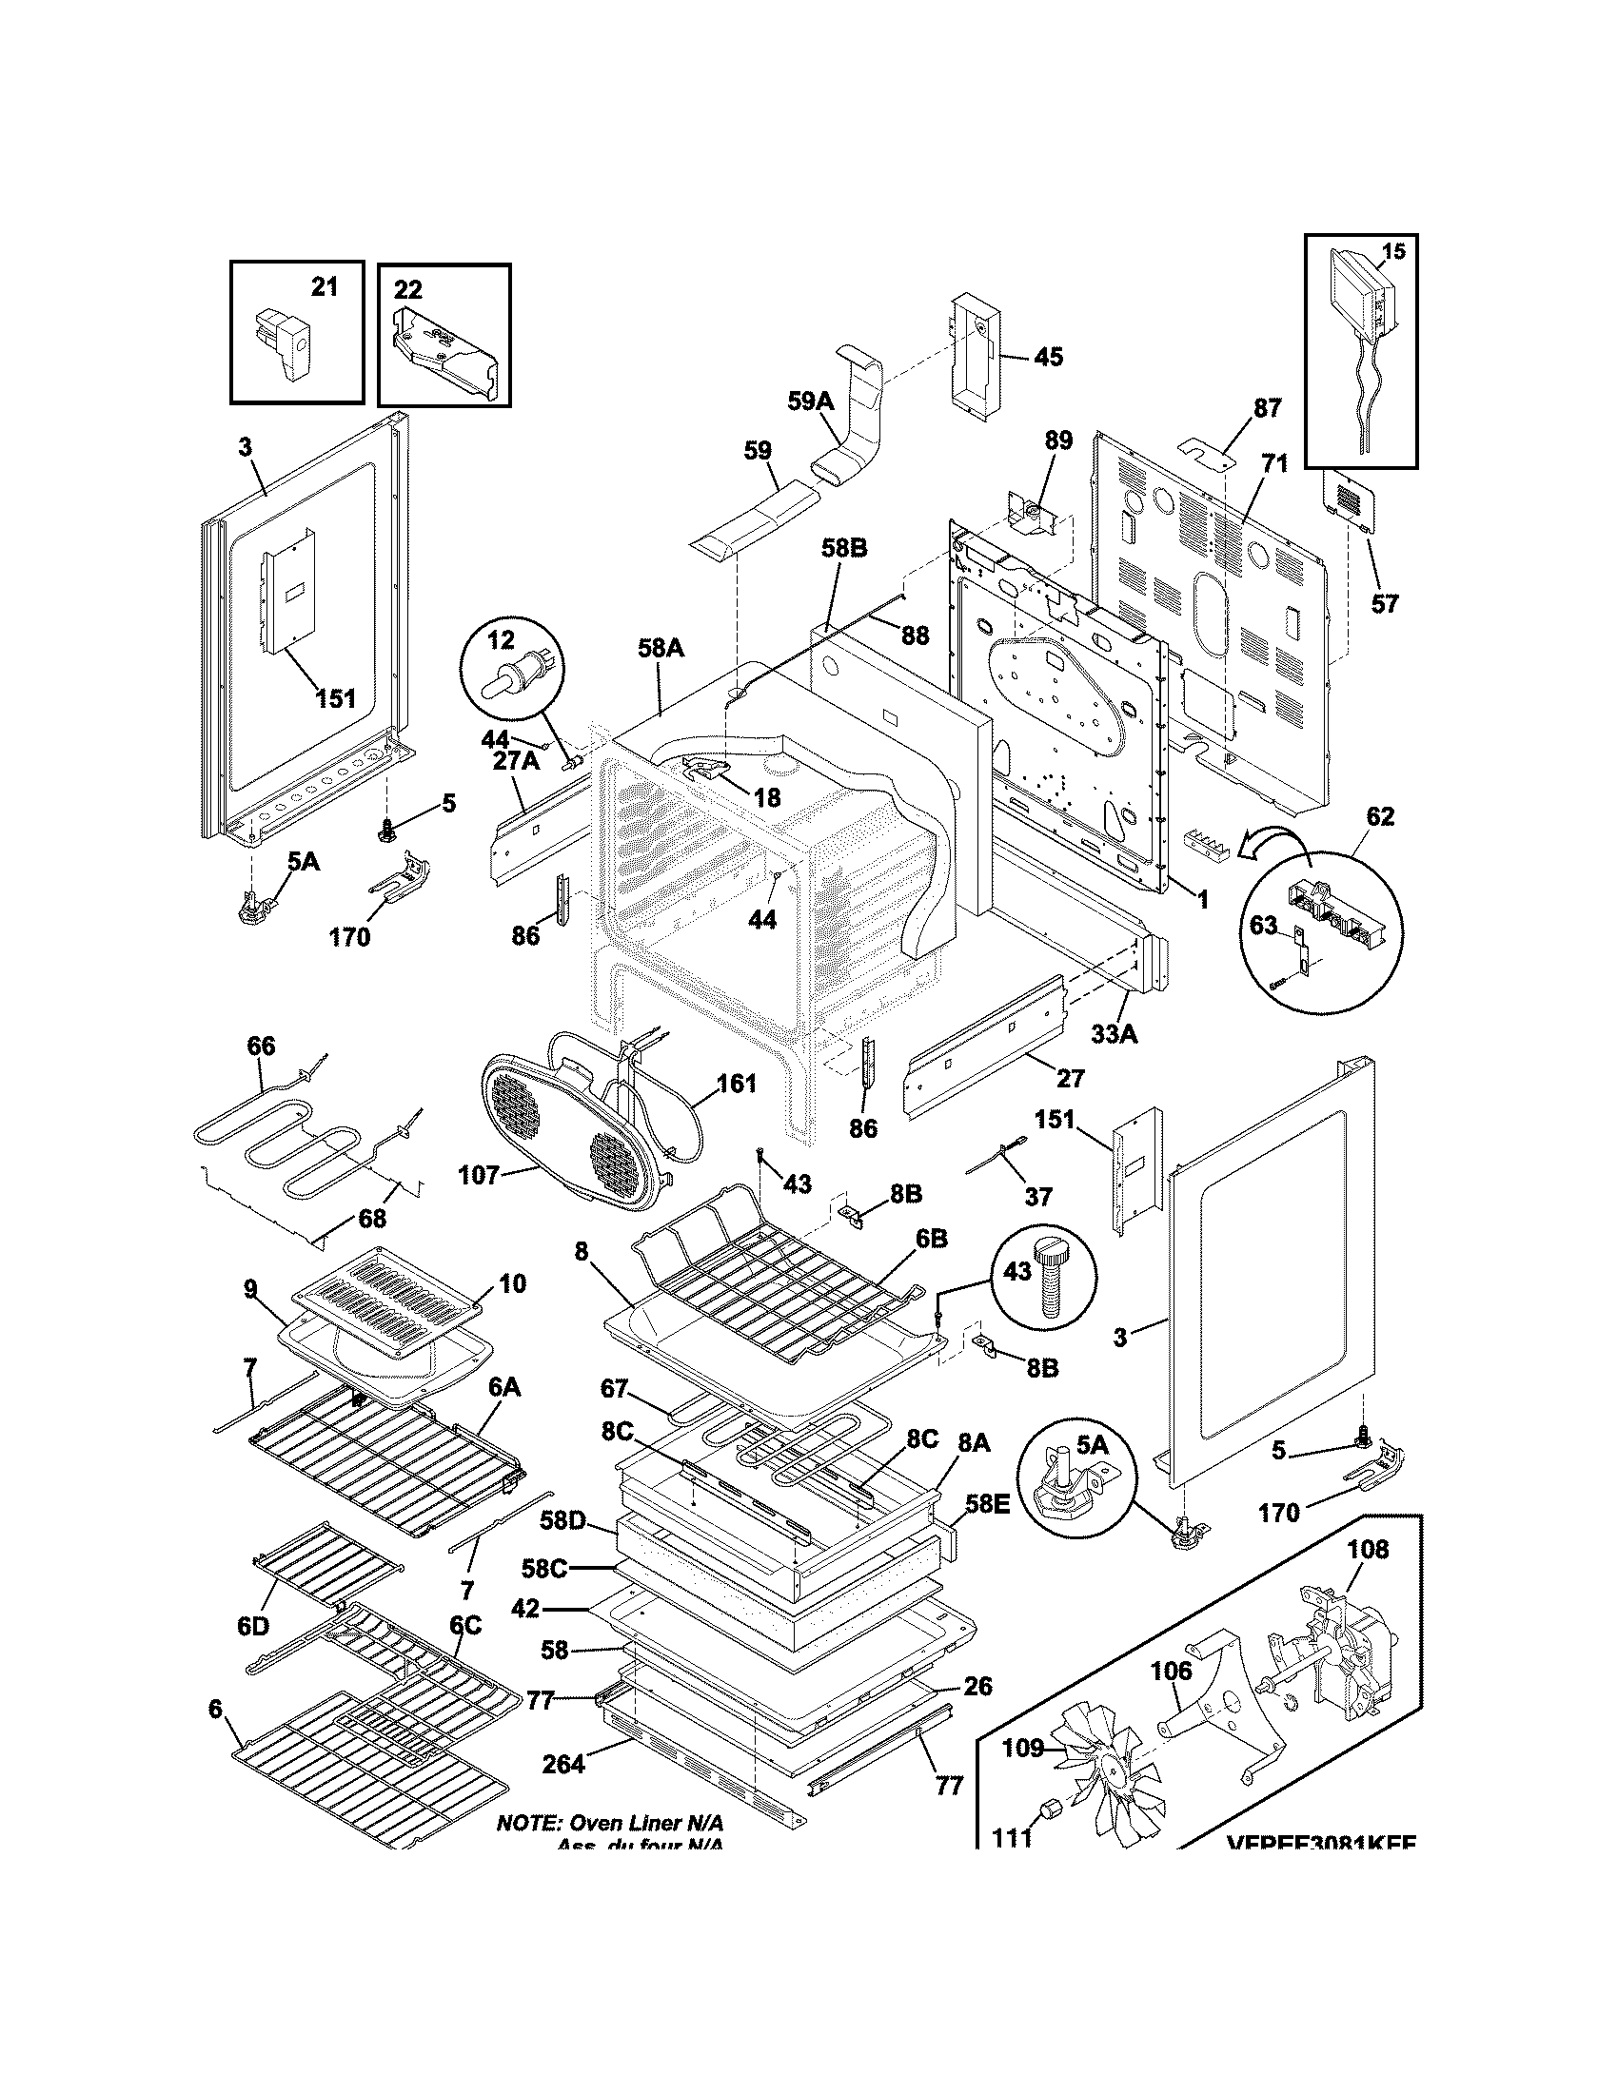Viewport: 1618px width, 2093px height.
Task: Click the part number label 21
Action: [x=325, y=286]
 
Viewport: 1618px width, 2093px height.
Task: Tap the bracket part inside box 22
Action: [x=444, y=354]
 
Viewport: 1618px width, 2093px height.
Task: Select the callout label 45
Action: [x=1048, y=357]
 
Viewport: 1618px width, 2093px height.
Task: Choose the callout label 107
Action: [x=480, y=1173]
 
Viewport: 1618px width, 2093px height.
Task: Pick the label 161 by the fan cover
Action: [x=736, y=1084]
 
